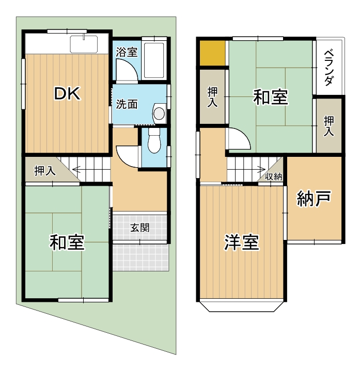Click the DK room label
click(67, 93)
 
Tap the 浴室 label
click(127, 52)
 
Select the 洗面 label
click(127, 104)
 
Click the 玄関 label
click(140, 227)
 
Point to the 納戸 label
click(314, 199)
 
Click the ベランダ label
click(328, 68)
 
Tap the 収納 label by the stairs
click(274, 177)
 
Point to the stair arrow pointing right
click(260, 168)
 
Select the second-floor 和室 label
click(270, 97)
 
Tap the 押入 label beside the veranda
click(328, 125)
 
